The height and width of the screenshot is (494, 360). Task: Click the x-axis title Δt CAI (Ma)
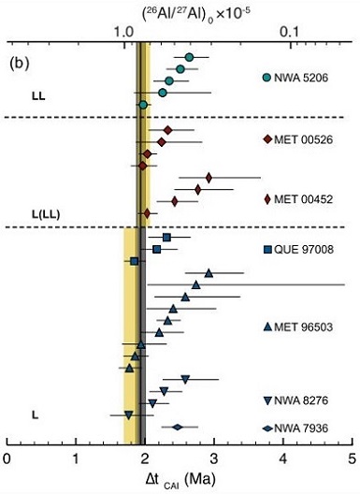[179, 479]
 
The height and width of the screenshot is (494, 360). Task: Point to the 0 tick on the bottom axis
[7, 458]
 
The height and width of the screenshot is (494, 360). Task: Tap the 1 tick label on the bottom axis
[76, 458]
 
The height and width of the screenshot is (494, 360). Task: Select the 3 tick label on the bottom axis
[214, 458]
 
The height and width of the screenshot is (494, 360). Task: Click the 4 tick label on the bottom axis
[283, 458]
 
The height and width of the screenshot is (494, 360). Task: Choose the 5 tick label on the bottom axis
[351, 458]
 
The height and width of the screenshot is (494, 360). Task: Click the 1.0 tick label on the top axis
[126, 33]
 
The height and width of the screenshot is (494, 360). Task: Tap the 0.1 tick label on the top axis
[298, 33]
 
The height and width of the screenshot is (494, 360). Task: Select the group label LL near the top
[37, 95]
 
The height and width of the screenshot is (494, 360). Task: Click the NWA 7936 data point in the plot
[177, 428]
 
